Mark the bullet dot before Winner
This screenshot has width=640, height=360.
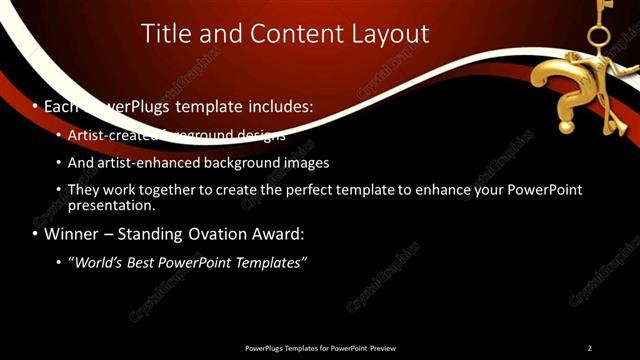tap(33, 235)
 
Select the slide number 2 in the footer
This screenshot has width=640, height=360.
tap(589, 348)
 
